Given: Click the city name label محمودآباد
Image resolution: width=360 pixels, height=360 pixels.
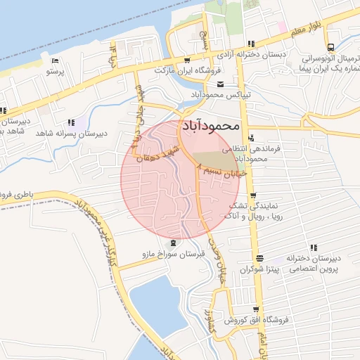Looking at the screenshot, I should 211,127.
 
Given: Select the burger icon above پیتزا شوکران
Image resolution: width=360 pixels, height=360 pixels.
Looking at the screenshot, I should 259,258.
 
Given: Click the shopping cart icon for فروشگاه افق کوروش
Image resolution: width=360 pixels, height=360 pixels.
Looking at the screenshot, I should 257,309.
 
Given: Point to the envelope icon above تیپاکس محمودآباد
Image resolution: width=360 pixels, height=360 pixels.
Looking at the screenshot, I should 201,84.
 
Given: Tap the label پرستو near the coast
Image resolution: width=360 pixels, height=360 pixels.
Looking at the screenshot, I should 54,71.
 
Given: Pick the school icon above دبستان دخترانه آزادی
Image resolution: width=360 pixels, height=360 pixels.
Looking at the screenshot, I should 251,44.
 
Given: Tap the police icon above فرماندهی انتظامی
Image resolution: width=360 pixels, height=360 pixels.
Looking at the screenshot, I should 251,138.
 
